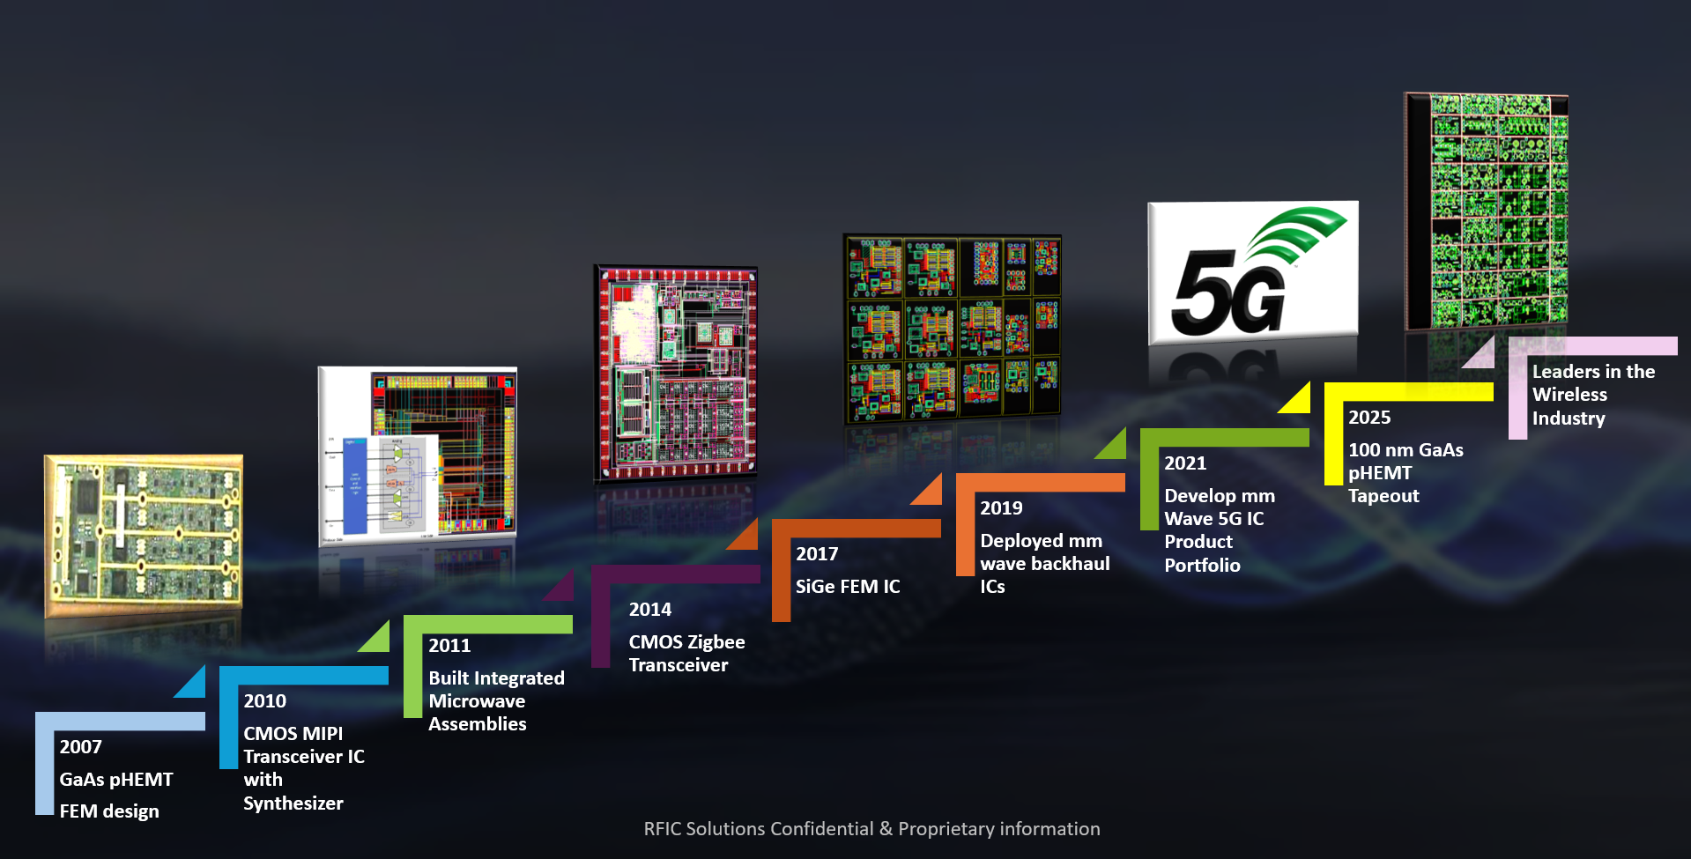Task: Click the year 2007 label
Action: pyautogui.click(x=80, y=747)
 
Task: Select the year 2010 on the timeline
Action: pyautogui.click(x=264, y=701)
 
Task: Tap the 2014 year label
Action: pyautogui.click(x=649, y=610)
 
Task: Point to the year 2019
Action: pyautogui.click(x=1001, y=508)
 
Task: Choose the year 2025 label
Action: pyautogui.click(x=1368, y=418)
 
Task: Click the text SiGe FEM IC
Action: pyautogui.click(x=847, y=587)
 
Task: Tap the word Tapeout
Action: pyautogui.click(x=1383, y=496)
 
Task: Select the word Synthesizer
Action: pyautogui.click(x=293, y=803)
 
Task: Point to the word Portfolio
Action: pyautogui.click(x=1201, y=566)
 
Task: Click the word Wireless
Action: pyautogui.click(x=1569, y=395)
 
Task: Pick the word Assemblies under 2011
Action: pyautogui.click(x=477, y=724)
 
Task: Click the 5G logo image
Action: pyautogui.click(x=1252, y=272)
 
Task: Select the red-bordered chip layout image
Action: pyautogui.click(x=676, y=373)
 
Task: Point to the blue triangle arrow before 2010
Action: pyautogui.click(x=193, y=684)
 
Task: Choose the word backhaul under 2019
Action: pyautogui.click(x=1070, y=564)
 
